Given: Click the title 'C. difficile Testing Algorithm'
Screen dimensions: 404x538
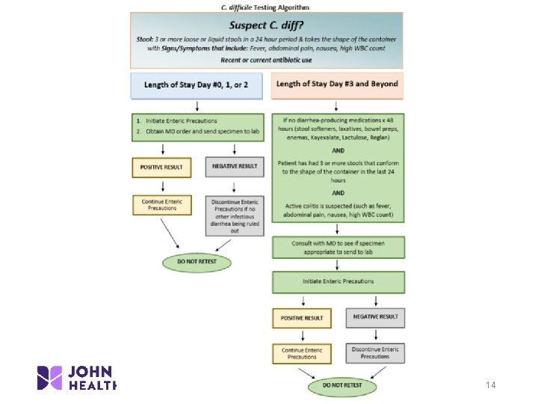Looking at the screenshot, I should coord(266,7).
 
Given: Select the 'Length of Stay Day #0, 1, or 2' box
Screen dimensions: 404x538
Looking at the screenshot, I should coord(197,85).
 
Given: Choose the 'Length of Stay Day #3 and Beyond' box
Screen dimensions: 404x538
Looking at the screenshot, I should coord(337,85).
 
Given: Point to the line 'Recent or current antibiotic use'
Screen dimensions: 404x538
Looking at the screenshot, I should coord(266,60).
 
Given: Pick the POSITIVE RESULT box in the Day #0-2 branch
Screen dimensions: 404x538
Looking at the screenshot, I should coord(161,167).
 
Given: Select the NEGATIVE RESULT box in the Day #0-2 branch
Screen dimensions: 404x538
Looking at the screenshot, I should coord(235,167).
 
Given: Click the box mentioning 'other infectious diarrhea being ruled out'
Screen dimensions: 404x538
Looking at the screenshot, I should coord(235,216).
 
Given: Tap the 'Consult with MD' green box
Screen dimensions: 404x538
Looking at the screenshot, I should coord(338,248).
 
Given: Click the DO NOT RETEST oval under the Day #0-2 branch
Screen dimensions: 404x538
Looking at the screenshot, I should coord(197,263).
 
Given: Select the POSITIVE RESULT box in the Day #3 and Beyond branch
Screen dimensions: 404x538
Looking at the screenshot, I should coord(302,318).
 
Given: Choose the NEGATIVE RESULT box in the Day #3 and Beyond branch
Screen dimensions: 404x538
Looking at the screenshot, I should coord(374,317).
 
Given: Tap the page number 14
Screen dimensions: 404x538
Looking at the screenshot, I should coord(490,385).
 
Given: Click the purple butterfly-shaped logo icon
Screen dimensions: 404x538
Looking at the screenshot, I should coord(50,378).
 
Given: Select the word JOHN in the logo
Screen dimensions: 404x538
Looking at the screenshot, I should coord(92,371).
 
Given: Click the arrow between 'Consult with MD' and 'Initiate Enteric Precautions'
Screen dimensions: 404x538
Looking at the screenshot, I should coord(338,265).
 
